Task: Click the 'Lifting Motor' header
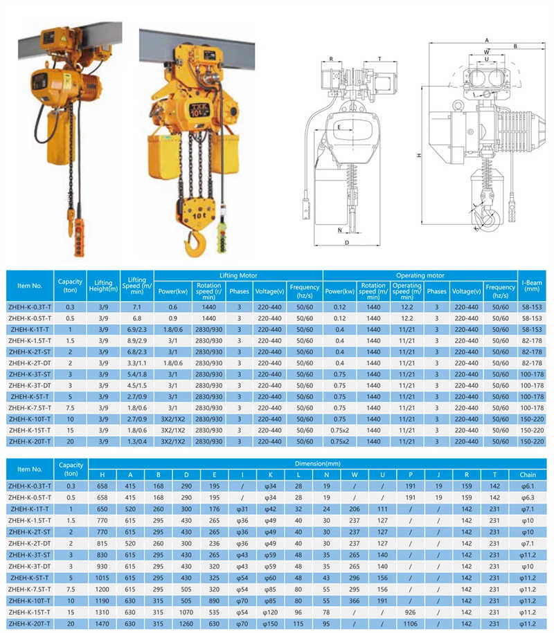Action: point(238,275)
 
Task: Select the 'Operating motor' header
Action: point(420,275)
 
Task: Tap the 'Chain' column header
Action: point(528,475)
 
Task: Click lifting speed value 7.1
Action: point(136,306)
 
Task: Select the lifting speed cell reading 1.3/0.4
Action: point(136,441)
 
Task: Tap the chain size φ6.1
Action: point(528,486)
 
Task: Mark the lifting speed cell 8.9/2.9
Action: point(136,340)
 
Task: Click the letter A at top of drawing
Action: point(488,40)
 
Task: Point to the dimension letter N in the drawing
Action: point(341,230)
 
